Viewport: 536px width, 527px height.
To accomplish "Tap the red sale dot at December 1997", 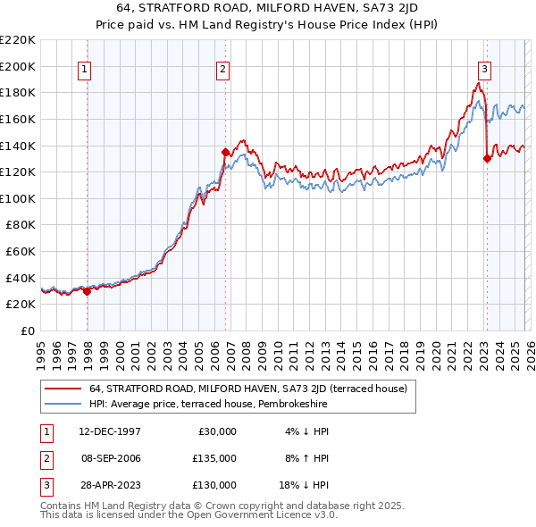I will (x=87, y=290).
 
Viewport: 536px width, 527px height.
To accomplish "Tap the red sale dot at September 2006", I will (x=225, y=152).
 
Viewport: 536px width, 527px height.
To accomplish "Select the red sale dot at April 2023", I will (x=487, y=159).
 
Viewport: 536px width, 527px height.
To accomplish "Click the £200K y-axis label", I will (x=18, y=66).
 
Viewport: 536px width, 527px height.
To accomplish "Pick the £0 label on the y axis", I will (x=26, y=330).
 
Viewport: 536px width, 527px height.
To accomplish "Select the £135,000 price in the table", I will (x=214, y=458).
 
